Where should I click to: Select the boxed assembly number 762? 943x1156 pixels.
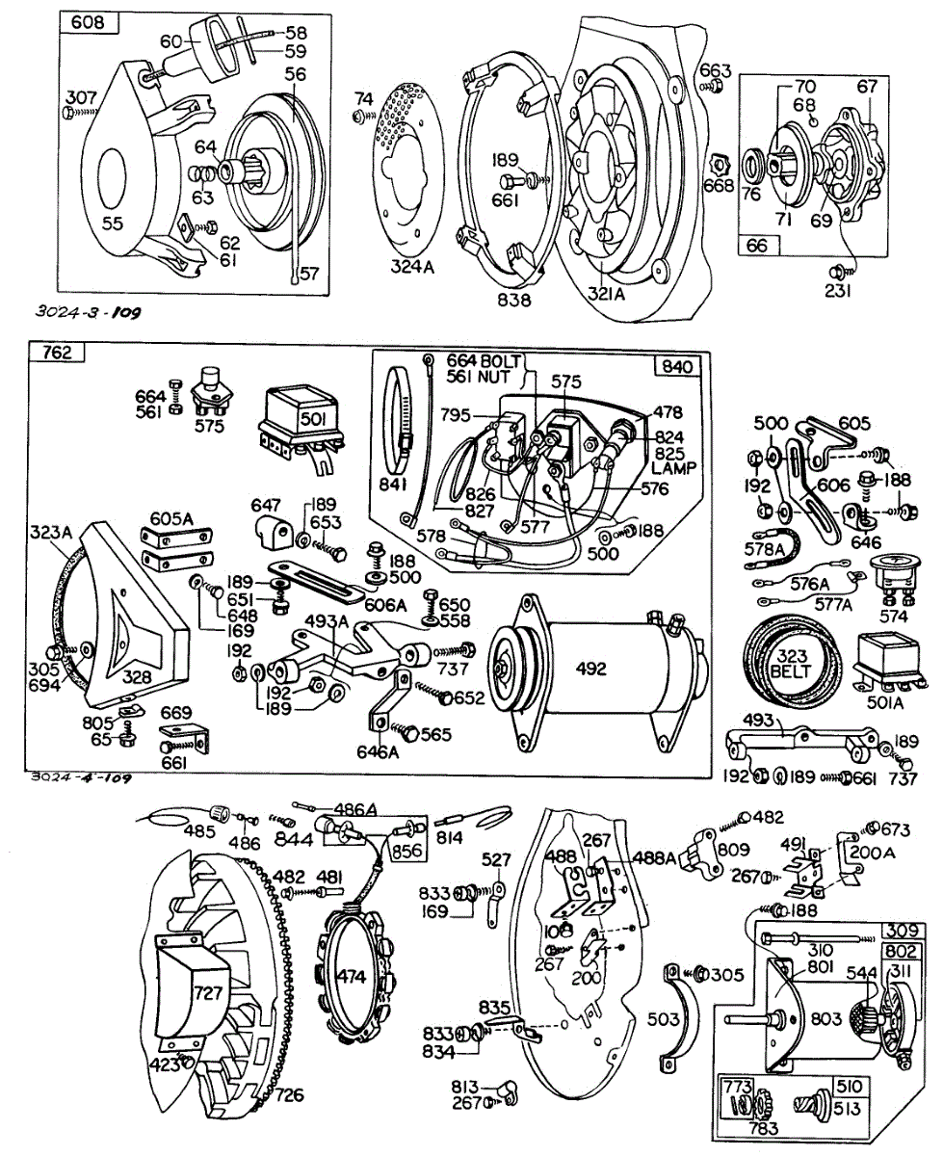pos(58,353)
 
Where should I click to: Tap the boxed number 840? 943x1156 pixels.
pos(679,367)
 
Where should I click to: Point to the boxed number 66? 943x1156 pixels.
pos(758,246)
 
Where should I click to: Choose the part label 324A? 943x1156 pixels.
pos(413,266)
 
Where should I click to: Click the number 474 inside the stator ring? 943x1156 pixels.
pos(353,976)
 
